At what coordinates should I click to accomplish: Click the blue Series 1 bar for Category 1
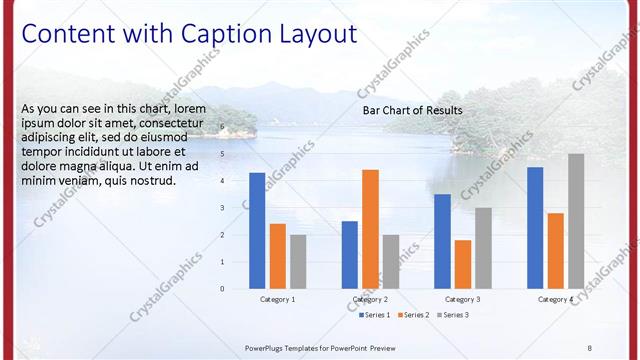coord(257,231)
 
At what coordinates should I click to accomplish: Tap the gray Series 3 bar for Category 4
coord(576,221)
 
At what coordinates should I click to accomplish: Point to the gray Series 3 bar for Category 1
coord(298,262)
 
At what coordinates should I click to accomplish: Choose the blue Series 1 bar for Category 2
coord(349,255)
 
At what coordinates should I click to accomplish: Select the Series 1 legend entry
coord(375,315)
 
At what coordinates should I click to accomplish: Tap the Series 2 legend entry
coord(415,315)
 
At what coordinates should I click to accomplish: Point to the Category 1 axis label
coord(277,299)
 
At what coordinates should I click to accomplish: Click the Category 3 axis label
coord(462,299)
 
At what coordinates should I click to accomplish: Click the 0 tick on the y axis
coord(223,289)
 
